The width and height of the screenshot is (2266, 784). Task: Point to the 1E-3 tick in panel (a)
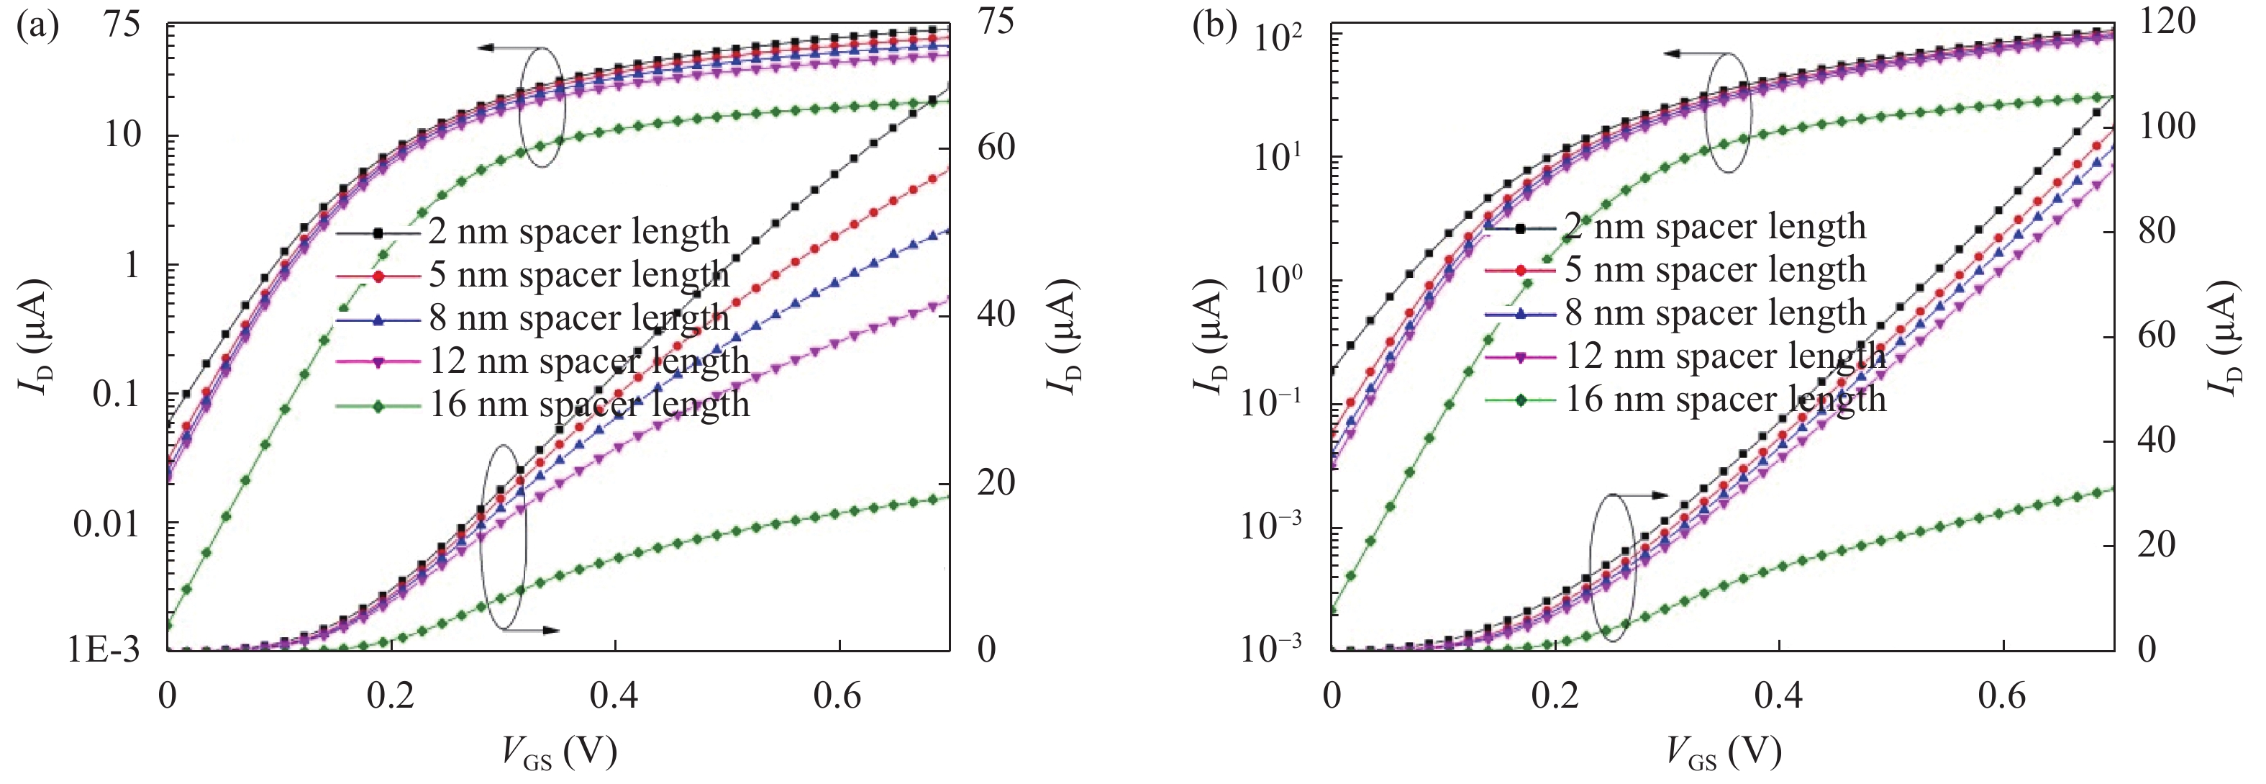pyautogui.click(x=104, y=651)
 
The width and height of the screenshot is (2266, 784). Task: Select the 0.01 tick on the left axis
pyautogui.click(x=106, y=524)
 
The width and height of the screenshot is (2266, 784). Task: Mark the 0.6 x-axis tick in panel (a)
pyautogui.click(x=838, y=697)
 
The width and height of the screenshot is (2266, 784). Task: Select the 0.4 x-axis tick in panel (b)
pyautogui.click(x=1779, y=697)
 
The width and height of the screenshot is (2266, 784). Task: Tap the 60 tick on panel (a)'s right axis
pyautogui.click(x=996, y=148)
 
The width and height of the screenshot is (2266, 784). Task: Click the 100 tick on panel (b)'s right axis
pyautogui.click(x=2167, y=127)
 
